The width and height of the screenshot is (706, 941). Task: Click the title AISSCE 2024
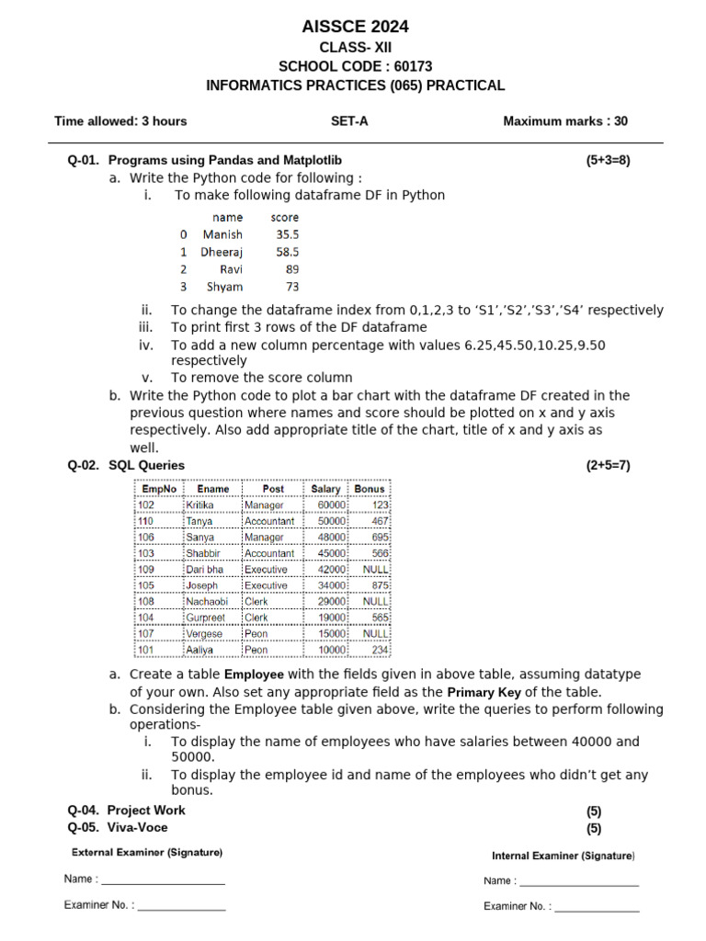[355, 26]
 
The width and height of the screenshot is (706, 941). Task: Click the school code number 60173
[413, 66]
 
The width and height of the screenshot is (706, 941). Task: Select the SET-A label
[349, 120]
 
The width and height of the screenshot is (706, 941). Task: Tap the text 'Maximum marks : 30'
[565, 120]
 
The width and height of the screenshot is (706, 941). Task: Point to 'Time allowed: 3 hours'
[120, 120]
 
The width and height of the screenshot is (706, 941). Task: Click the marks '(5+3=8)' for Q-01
[609, 160]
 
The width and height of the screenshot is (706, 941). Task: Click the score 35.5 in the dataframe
[287, 234]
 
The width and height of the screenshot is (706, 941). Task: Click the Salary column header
[325, 489]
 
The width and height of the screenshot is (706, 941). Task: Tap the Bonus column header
[370, 489]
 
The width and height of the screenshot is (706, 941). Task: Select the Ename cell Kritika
[199, 505]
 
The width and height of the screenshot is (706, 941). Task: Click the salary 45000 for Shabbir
[331, 553]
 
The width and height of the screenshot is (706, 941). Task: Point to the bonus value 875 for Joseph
[381, 585]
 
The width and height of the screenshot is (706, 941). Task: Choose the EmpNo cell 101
[146, 650]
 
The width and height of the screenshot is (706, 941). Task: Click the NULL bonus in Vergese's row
[376, 633]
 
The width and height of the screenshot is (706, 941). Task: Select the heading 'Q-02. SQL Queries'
[126, 465]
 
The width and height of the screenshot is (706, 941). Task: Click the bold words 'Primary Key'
[483, 692]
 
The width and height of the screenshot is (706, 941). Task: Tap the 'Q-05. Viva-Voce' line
[118, 827]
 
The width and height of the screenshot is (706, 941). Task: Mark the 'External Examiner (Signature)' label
[147, 852]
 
